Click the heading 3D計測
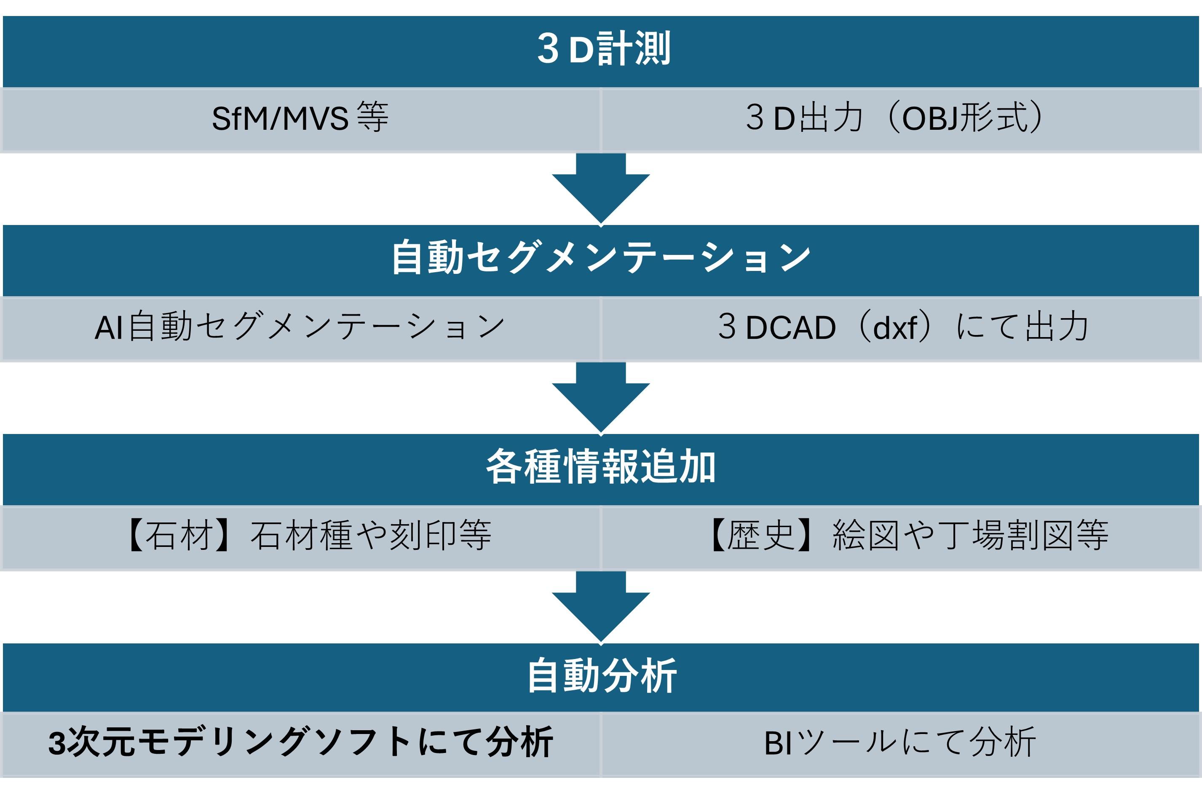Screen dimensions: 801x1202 (x=603, y=49)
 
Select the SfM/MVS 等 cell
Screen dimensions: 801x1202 (x=300, y=118)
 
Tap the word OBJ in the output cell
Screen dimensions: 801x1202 (x=930, y=119)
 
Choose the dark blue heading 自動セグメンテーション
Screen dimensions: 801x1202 (x=601, y=258)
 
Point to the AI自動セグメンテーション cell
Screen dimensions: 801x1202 (x=300, y=327)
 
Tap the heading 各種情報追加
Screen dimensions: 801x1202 (x=601, y=467)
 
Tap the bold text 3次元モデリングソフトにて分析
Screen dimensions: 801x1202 (x=300, y=743)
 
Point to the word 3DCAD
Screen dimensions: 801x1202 (x=776, y=327)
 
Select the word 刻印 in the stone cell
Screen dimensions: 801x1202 (x=423, y=536)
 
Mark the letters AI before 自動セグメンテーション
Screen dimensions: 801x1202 (x=108, y=327)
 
